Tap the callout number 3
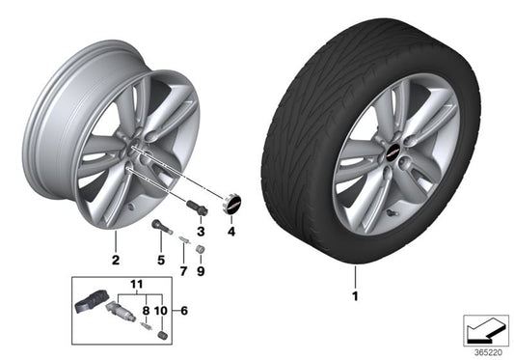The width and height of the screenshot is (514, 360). [201, 233]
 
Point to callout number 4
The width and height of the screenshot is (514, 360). [231, 233]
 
